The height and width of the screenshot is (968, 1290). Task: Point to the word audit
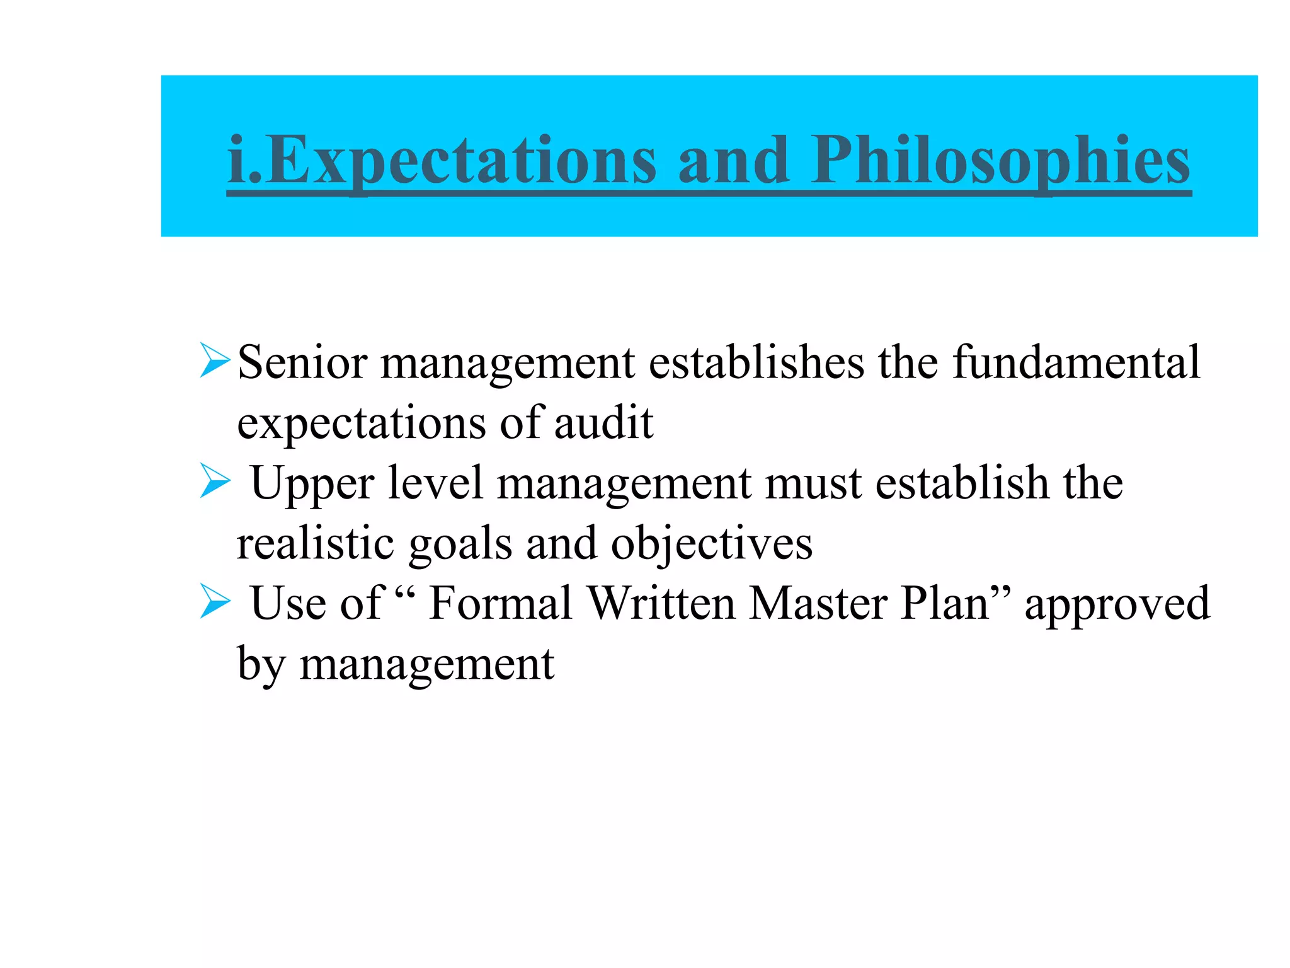[x=603, y=422]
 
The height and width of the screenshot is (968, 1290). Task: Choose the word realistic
[x=315, y=543]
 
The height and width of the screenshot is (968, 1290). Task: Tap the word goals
[x=460, y=544]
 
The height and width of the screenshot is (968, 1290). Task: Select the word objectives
[x=711, y=544]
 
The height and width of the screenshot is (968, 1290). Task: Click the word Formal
[x=500, y=603]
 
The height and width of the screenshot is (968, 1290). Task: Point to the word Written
[x=661, y=603]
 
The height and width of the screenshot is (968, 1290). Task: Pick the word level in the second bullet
[x=435, y=483]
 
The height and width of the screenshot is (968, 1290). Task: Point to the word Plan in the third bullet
[x=945, y=603]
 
